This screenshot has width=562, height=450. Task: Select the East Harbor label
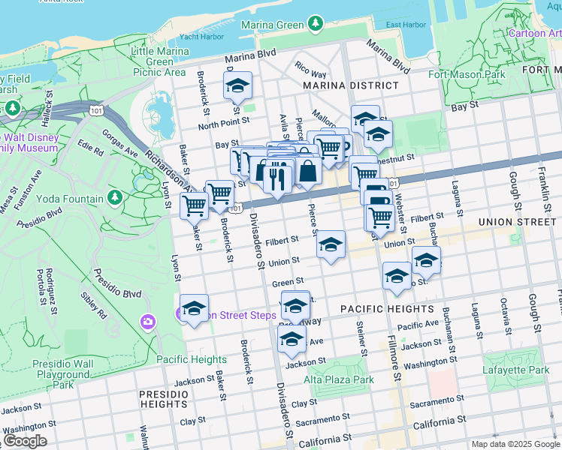pos(405,25)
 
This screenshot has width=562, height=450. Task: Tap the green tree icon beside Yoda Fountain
pos(114,198)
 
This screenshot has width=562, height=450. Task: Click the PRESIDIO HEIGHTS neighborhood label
pos(163,398)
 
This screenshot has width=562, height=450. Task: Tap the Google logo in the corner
pos(25,441)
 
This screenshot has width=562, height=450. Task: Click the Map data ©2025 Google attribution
pos(515,444)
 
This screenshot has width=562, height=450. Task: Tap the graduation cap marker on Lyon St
pos(194,308)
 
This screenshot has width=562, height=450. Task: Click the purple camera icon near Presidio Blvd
pos(147,322)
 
